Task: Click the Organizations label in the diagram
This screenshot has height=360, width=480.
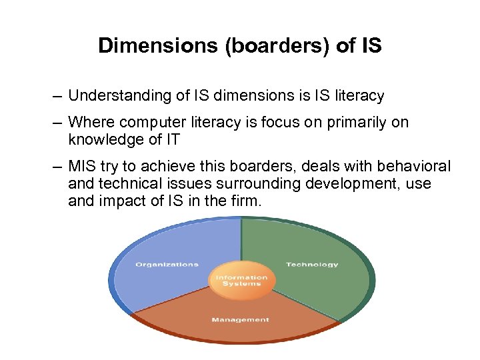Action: click(167, 265)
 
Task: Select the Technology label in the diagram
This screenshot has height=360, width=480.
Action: click(312, 265)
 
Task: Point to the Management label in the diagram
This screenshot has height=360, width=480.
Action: click(241, 320)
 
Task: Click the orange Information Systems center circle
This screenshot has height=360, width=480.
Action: click(241, 280)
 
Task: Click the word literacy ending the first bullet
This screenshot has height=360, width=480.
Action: click(360, 96)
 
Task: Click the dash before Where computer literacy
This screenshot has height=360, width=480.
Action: click(58, 123)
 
